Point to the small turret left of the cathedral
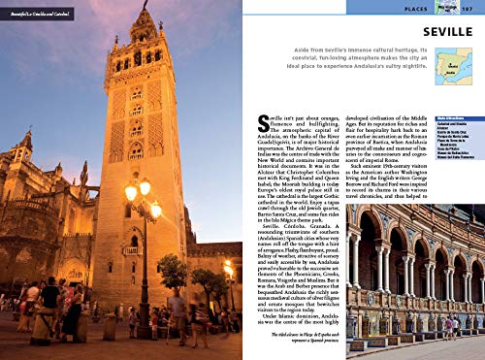coord(23,146)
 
